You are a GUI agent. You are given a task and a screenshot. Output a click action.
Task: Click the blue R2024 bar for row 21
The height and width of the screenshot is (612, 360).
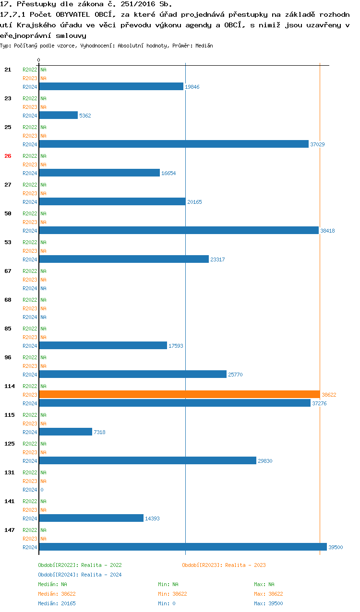tap(111, 86)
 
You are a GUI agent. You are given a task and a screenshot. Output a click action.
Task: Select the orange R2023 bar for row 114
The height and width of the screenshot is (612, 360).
tap(179, 394)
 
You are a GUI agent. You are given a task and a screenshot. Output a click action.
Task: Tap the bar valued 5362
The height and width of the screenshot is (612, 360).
tap(58, 115)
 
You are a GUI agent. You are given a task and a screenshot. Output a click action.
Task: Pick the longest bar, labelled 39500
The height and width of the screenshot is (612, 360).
tap(182, 547)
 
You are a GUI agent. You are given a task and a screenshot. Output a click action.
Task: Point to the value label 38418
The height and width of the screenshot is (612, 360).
tap(327, 231)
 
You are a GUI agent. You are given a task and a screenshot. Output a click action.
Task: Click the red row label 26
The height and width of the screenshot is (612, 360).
tap(8, 156)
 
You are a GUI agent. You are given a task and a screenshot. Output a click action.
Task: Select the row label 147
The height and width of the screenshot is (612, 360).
tap(9, 530)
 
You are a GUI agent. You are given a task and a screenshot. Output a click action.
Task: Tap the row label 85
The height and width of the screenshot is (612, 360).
tap(8, 329)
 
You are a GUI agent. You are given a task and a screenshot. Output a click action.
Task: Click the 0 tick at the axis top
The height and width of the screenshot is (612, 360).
tap(39, 60)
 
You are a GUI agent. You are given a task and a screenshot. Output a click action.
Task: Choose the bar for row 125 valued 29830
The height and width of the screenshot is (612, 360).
tap(147, 460)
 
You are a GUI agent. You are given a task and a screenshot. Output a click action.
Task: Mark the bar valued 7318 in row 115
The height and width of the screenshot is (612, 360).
tap(65, 432)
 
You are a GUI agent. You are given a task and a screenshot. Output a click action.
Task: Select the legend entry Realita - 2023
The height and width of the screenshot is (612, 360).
tap(224, 565)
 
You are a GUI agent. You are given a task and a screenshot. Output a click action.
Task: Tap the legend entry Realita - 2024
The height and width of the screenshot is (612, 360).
tap(80, 575)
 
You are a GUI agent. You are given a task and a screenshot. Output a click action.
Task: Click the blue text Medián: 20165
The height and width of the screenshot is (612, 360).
tap(57, 603)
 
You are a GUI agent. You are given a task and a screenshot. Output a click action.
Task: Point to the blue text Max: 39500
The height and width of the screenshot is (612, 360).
tap(268, 603)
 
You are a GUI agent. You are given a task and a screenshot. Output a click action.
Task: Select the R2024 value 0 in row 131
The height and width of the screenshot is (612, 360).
tap(42, 490)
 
